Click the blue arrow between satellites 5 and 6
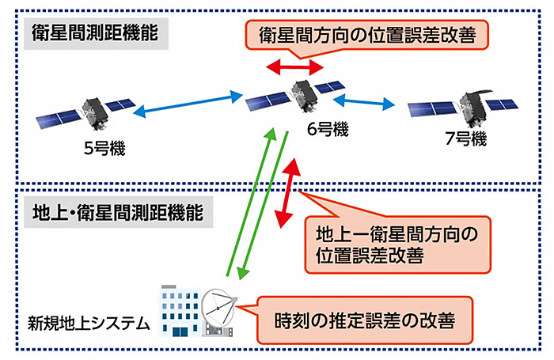click(188, 106)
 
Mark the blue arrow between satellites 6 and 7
click(364, 102)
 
